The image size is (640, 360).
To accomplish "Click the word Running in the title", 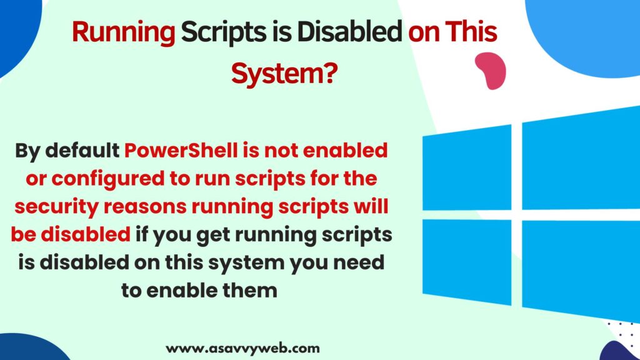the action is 123,32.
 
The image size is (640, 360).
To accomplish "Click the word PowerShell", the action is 181,150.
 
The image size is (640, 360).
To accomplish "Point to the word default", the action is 82,150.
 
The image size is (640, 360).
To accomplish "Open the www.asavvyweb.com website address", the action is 242,349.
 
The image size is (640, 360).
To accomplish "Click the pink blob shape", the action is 491,70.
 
